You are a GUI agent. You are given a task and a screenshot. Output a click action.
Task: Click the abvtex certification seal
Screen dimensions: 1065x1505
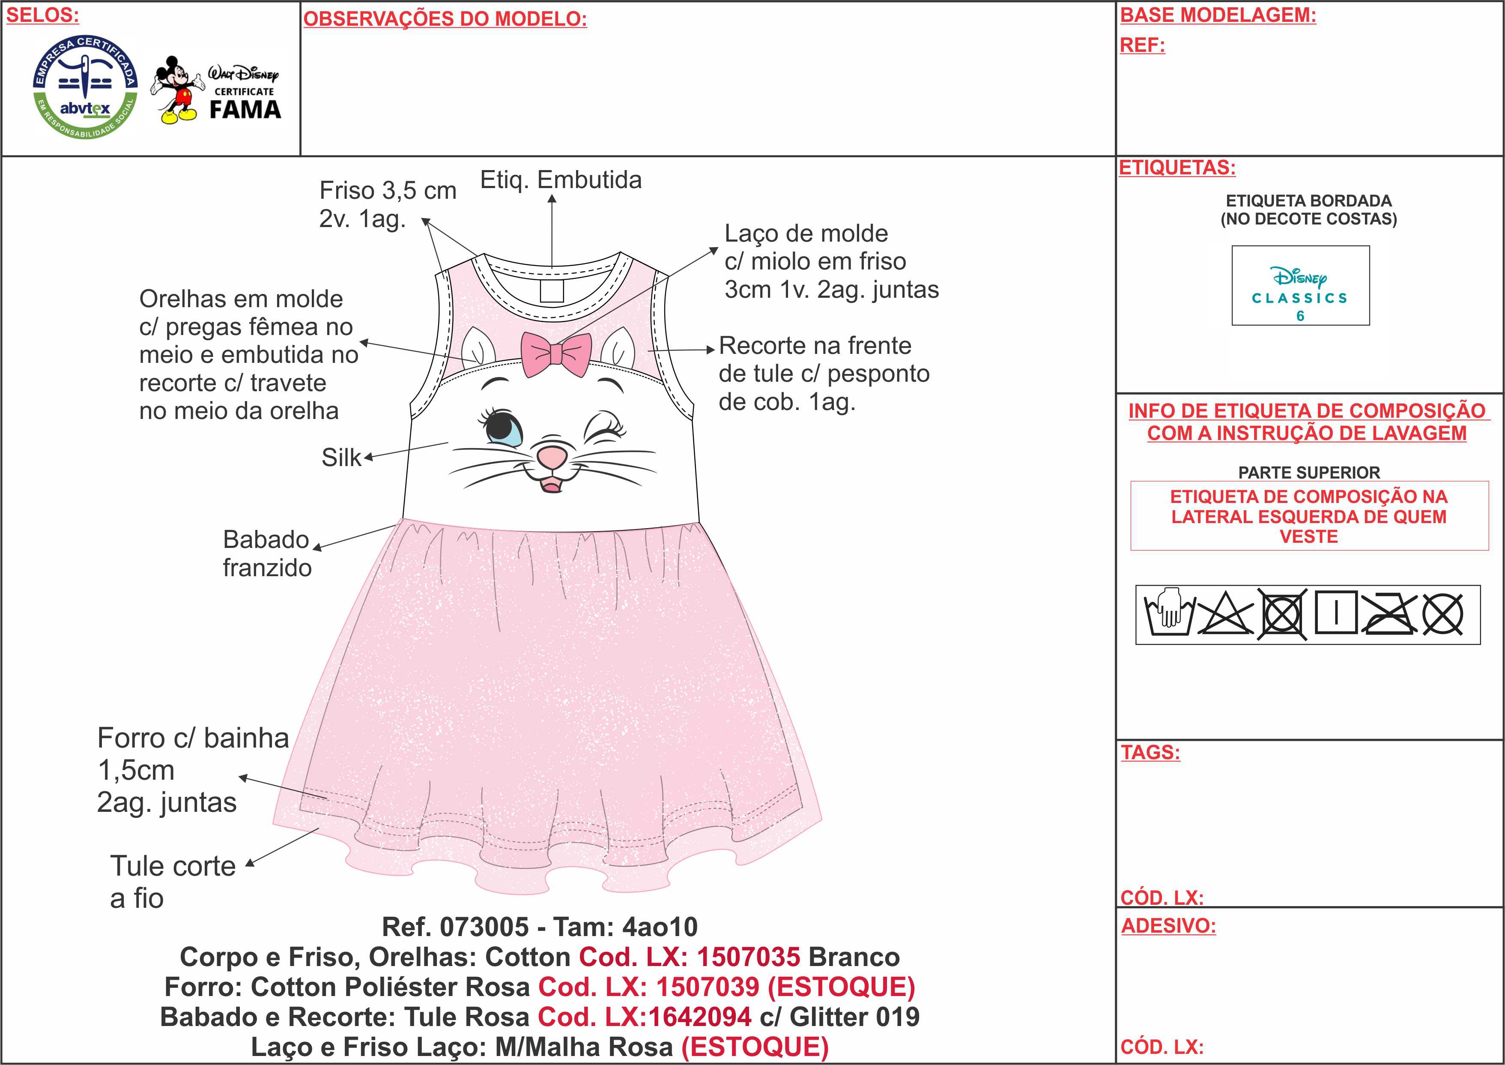86,87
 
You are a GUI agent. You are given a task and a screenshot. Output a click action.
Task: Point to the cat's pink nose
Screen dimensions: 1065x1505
552,456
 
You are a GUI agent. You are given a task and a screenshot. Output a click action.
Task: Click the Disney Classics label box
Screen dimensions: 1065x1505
1300,285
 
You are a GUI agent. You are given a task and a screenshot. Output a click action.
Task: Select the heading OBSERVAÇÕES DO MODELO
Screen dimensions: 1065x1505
445,19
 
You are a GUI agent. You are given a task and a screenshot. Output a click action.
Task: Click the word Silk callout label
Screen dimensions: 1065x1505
341,458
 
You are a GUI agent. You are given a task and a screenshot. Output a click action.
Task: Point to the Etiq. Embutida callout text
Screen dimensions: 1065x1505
561,179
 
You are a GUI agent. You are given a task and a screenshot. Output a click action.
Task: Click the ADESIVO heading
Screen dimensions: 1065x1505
1168,926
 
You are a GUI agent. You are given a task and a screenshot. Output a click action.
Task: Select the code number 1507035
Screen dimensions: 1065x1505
748,957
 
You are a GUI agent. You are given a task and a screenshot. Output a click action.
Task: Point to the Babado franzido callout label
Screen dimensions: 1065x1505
267,553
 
